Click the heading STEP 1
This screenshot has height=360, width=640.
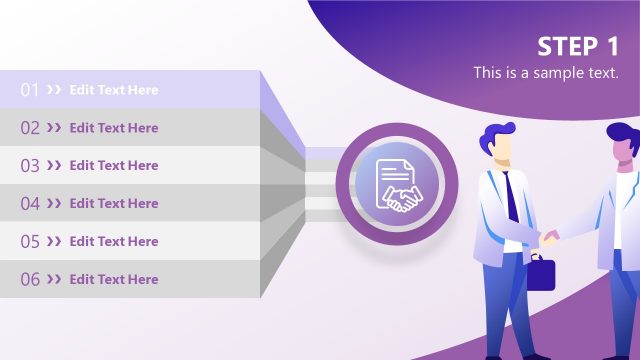tap(578, 46)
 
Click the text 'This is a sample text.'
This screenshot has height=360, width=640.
tap(546, 73)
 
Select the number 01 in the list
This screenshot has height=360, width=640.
tap(30, 90)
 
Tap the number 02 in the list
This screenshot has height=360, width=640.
tap(30, 128)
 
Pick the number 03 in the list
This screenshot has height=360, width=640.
tap(30, 166)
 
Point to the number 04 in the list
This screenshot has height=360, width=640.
tap(30, 204)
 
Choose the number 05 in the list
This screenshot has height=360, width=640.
tap(30, 242)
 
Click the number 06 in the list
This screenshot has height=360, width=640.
tap(30, 280)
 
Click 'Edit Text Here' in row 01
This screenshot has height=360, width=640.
tap(114, 90)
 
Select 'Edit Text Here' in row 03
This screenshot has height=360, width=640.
tap(114, 166)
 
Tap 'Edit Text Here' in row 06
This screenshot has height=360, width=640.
tap(114, 280)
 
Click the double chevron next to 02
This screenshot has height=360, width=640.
tap(54, 128)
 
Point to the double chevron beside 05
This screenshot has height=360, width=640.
tap(54, 242)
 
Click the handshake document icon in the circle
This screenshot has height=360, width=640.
tap(397, 184)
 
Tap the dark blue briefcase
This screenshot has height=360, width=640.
tap(540, 273)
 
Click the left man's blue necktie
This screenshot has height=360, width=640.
tap(511, 196)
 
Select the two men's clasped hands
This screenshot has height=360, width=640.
tap(551, 238)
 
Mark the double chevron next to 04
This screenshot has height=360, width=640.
tap(54, 204)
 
